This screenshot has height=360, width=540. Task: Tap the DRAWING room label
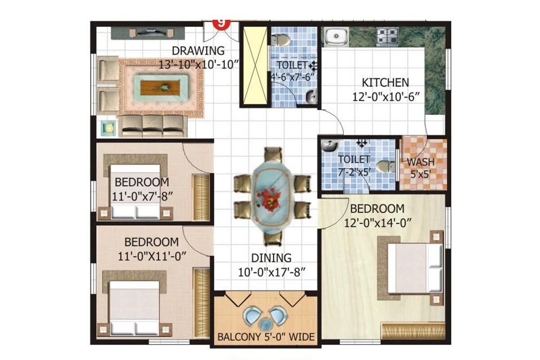coord(198,50)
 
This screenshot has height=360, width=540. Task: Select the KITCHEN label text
coord(386,83)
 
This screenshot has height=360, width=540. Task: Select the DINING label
coord(271,258)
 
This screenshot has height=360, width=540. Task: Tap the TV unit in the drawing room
coord(148,33)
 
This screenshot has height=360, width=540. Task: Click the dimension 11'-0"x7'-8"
coord(142,196)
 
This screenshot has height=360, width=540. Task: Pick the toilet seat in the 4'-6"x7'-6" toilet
coord(282,40)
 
